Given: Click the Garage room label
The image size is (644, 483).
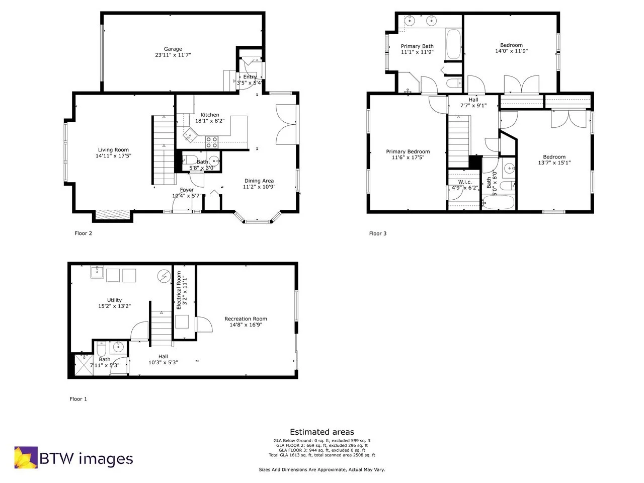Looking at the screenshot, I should point(173,49).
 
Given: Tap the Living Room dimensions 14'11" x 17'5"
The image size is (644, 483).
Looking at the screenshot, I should point(113,156).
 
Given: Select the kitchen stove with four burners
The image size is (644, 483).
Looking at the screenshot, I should point(211,142).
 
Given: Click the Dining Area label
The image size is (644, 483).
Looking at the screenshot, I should point(259,181).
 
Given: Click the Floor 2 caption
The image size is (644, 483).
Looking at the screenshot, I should point(83,233).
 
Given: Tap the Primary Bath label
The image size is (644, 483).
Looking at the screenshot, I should point(417,46).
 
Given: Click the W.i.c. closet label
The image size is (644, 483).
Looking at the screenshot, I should point(464,182).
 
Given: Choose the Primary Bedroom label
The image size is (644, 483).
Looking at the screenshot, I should point(408,152).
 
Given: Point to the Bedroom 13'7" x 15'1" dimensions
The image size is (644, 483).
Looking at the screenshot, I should point(554,163).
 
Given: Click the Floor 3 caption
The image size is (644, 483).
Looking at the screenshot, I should point(378,233).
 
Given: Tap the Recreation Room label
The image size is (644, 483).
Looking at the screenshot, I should point(246,319).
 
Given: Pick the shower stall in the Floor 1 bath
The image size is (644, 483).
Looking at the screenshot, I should point(81,365).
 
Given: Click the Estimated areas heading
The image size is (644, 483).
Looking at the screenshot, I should point(322,432).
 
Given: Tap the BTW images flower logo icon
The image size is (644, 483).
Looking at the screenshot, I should point(26,457).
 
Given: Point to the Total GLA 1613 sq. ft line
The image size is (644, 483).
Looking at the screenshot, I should point(322,455).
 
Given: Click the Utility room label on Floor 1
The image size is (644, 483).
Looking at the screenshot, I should point(114,300).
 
